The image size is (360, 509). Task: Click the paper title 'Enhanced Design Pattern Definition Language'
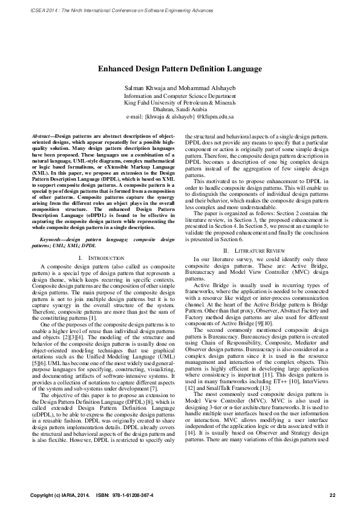coord(180,69)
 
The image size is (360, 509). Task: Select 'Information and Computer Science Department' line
coord(180,96)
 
